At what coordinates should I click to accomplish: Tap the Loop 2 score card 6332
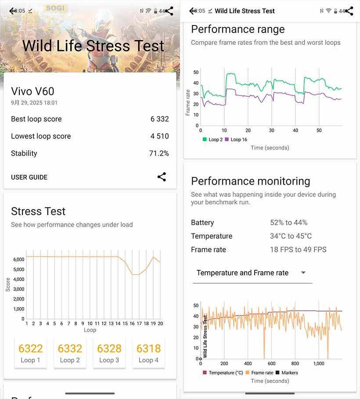pyautogui.click(x=70, y=352)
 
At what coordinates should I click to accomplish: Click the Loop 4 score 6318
pyautogui.click(x=148, y=349)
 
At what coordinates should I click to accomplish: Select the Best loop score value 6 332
pyautogui.click(x=159, y=119)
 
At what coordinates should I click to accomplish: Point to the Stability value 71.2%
pyautogui.click(x=159, y=153)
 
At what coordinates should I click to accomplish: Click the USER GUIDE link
pyautogui.click(x=29, y=177)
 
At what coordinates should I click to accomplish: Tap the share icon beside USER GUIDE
pyautogui.click(x=162, y=177)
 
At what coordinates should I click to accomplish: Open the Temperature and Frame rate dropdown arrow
pyautogui.click(x=303, y=272)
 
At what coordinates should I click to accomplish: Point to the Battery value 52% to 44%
pyautogui.click(x=288, y=223)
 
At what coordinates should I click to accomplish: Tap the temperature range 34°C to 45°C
pyautogui.click(x=291, y=236)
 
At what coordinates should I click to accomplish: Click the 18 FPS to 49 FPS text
pyautogui.click(x=298, y=250)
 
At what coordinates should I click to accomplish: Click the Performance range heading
pyautogui.click(x=238, y=29)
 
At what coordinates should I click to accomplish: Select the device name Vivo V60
pyautogui.click(x=32, y=91)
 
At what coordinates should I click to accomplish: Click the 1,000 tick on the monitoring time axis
pyautogui.click(x=319, y=363)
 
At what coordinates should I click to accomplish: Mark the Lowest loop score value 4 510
pyautogui.click(x=159, y=136)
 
